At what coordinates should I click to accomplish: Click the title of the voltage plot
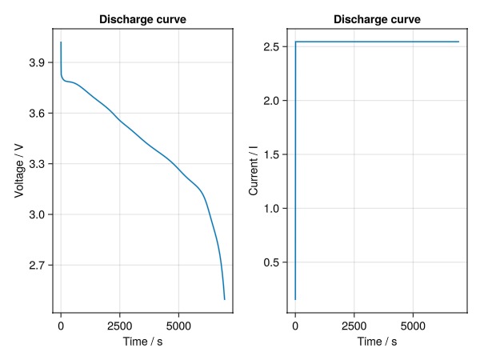(x=142, y=18)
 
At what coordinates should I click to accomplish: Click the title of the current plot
(x=377, y=18)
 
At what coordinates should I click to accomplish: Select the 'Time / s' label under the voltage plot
(x=142, y=342)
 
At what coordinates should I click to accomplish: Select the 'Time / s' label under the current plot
(x=377, y=342)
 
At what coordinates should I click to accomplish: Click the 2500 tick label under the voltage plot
(x=119, y=326)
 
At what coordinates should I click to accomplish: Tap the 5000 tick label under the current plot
(x=413, y=326)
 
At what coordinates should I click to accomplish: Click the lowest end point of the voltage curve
(x=225, y=299)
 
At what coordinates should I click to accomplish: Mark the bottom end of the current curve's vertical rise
(x=295, y=299)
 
